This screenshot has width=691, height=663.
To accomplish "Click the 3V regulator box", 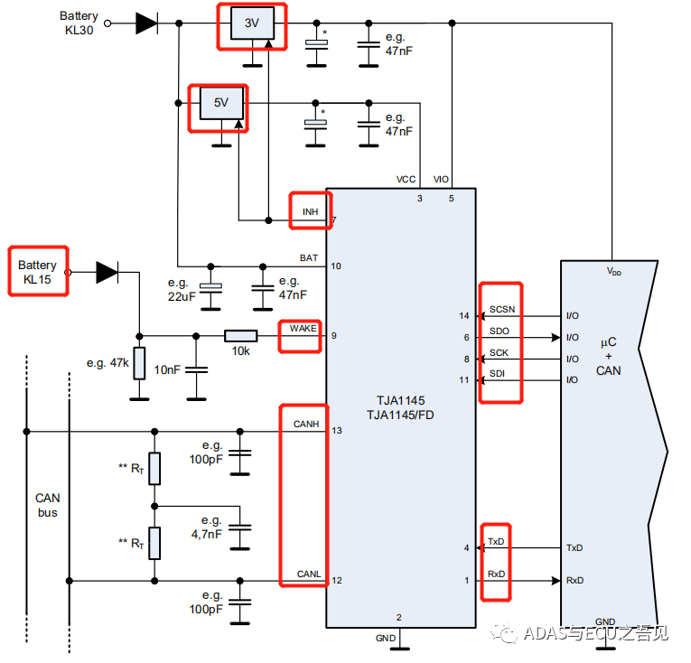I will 252,24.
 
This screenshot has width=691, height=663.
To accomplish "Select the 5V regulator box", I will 220,103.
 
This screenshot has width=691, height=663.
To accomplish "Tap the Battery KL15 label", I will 37,273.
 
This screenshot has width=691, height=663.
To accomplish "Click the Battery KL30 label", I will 79,23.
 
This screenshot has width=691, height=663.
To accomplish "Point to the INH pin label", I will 310,211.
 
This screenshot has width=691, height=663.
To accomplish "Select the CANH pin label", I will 306,424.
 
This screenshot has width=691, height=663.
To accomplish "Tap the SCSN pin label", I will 501,310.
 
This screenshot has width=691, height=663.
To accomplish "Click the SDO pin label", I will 499,331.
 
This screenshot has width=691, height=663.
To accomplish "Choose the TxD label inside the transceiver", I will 497,542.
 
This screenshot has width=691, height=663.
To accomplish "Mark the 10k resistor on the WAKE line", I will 240,336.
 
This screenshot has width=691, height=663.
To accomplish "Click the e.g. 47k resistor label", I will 108,363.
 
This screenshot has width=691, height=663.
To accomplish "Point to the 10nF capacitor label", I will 168,370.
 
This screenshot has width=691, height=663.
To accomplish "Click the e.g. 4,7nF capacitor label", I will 211,528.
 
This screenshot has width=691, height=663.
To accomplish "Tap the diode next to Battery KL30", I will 146,23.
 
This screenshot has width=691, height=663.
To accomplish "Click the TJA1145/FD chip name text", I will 401,415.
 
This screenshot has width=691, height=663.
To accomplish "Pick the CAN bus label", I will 48,505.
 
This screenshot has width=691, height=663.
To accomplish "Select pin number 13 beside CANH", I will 336,431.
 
